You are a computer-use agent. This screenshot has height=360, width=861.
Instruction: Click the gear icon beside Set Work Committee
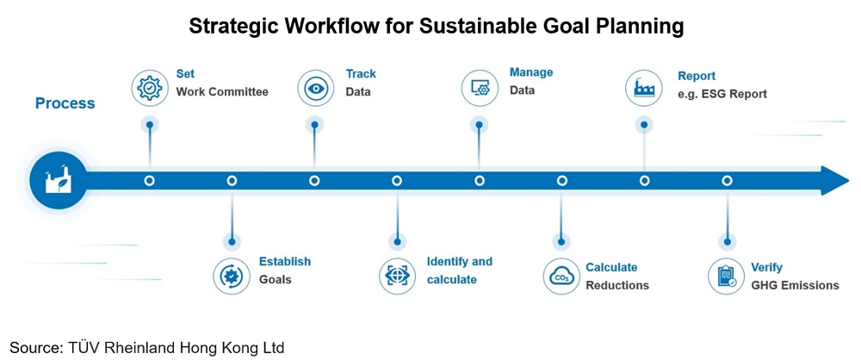click(150, 88)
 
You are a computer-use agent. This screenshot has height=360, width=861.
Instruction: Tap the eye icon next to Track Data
click(315, 88)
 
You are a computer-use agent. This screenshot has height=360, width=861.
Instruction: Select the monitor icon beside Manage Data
click(479, 88)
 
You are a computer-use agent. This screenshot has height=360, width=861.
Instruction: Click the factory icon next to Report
click(644, 88)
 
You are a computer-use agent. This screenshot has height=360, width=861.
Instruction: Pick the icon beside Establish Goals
click(231, 276)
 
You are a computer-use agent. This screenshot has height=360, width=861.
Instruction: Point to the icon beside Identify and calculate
click(396, 276)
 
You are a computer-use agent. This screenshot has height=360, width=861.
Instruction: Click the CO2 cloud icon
click(561, 276)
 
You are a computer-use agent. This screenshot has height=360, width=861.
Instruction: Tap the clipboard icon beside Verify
click(727, 276)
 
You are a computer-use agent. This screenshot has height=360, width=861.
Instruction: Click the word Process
click(65, 103)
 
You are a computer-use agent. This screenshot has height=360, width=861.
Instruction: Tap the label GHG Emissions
click(794, 285)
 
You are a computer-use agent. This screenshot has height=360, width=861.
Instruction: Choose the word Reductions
click(617, 285)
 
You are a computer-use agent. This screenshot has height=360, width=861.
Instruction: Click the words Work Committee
click(222, 92)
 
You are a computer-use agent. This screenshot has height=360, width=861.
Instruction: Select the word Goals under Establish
click(276, 279)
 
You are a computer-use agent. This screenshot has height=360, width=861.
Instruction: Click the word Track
click(361, 74)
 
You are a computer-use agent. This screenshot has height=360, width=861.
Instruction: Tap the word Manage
click(531, 72)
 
